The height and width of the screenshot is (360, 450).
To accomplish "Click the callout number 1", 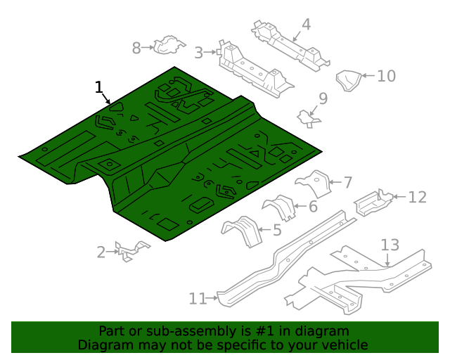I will click(99, 87).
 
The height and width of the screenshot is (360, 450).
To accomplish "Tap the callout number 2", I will click(101, 252).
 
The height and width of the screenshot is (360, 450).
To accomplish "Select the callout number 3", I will click(199, 53).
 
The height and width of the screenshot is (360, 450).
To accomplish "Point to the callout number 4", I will click(306, 25).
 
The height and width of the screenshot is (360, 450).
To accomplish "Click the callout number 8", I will click(136, 48).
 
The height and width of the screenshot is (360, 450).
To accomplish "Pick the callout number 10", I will click(387, 76).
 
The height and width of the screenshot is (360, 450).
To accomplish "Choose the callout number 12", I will click(417, 197).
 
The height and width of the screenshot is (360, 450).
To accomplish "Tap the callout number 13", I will click(390, 245).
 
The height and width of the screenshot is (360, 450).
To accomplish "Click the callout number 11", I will click(196, 299).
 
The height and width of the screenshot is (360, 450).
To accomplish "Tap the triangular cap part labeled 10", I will click(348, 80).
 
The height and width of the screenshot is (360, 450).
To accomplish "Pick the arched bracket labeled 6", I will click(281, 207).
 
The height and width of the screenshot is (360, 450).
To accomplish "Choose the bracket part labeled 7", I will click(314, 183).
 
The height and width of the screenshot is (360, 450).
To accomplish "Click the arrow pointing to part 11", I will click(212, 299).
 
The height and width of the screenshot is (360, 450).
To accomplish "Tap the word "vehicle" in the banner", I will click(342, 345).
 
